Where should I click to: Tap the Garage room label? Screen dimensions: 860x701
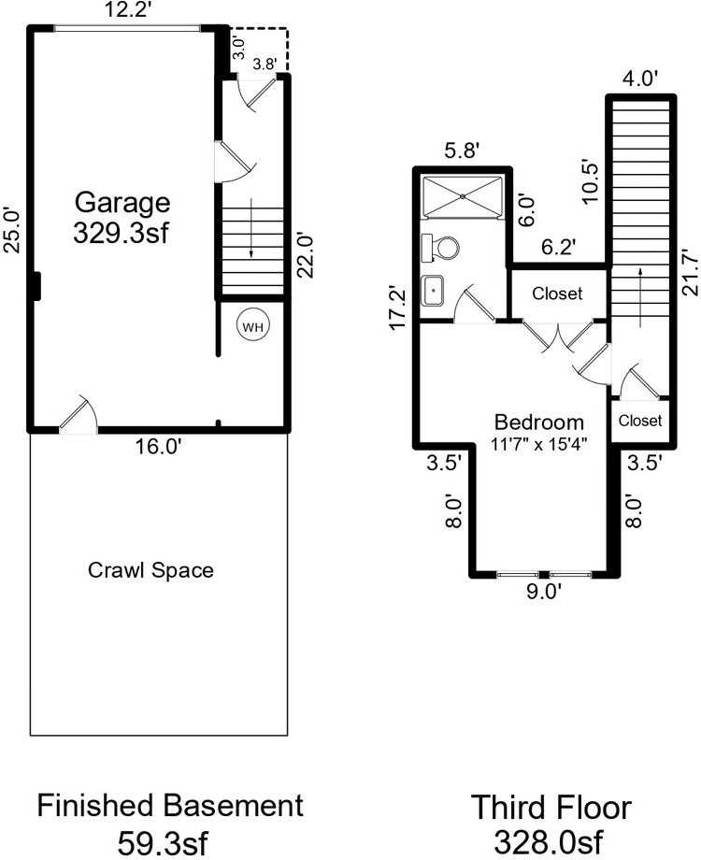click(122, 202)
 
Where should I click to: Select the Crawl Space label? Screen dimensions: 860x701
click(150, 569)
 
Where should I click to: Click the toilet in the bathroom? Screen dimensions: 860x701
click(441, 248)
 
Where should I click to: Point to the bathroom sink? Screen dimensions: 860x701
click(435, 291)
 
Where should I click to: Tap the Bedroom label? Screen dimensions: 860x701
click(539, 422)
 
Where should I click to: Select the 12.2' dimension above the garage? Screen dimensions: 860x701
click(128, 11)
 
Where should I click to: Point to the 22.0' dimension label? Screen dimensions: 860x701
click(301, 254)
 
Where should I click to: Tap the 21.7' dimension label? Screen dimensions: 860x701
click(690, 272)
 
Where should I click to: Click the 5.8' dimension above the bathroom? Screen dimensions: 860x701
click(463, 149)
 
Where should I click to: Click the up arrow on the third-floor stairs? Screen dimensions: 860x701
click(640, 295)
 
